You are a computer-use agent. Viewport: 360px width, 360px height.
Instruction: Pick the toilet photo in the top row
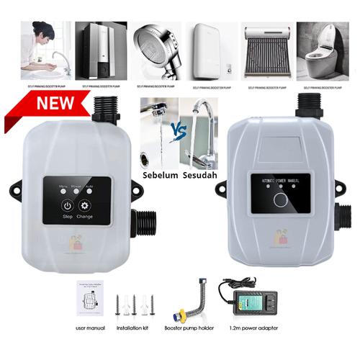[322, 51]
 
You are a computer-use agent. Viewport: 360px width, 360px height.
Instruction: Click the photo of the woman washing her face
[44, 51]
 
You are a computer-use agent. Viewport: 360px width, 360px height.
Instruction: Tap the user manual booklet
[90, 296]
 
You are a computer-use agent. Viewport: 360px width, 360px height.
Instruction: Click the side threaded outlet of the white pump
[145, 222]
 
